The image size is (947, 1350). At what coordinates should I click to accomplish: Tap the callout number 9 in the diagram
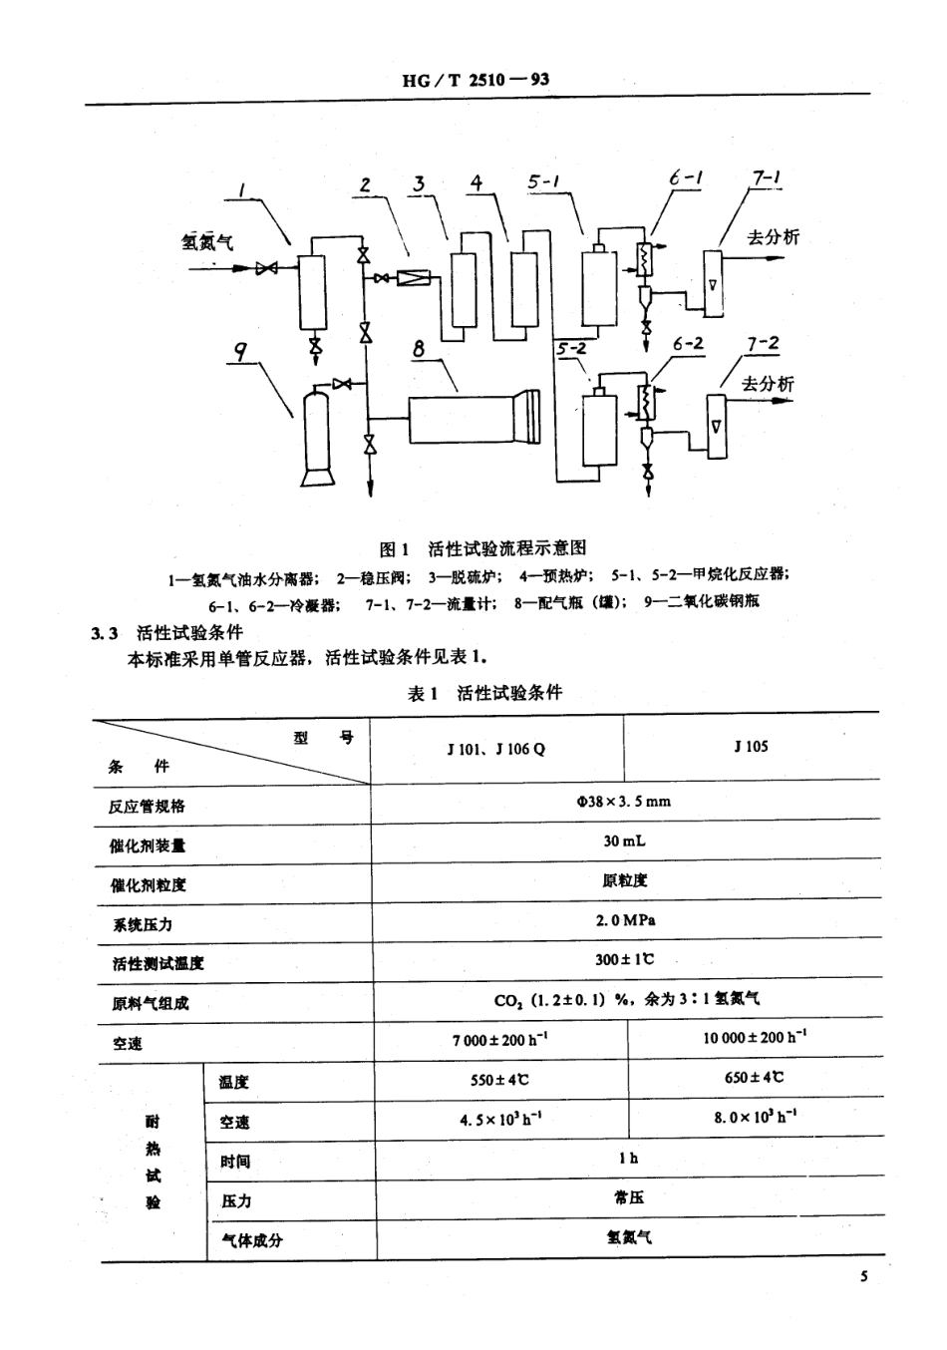(x=240, y=350)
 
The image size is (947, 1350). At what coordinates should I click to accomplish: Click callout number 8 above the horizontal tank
(x=419, y=348)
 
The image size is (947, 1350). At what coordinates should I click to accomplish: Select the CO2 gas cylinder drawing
(x=318, y=435)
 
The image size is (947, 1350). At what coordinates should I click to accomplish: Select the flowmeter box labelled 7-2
(x=717, y=427)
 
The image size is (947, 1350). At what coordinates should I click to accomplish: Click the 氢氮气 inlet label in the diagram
(x=207, y=240)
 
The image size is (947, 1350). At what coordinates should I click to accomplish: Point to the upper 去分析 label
(x=774, y=236)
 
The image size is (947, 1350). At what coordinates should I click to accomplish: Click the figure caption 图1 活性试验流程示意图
(x=482, y=547)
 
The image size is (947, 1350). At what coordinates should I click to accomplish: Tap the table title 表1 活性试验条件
(x=484, y=693)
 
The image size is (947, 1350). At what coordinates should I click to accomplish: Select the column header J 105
(x=751, y=746)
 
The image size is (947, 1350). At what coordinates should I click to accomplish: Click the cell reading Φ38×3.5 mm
(x=624, y=801)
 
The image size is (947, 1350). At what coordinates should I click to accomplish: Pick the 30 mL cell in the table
(x=624, y=841)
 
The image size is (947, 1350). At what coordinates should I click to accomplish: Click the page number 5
(x=864, y=1277)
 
